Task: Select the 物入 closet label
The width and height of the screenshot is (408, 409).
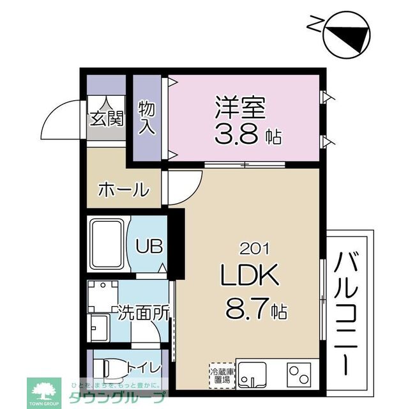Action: tap(147, 116)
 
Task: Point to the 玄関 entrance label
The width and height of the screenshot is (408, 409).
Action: tap(106, 119)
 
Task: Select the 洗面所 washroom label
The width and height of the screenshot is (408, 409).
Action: tap(143, 313)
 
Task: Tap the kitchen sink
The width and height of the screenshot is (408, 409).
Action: tap(255, 373)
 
